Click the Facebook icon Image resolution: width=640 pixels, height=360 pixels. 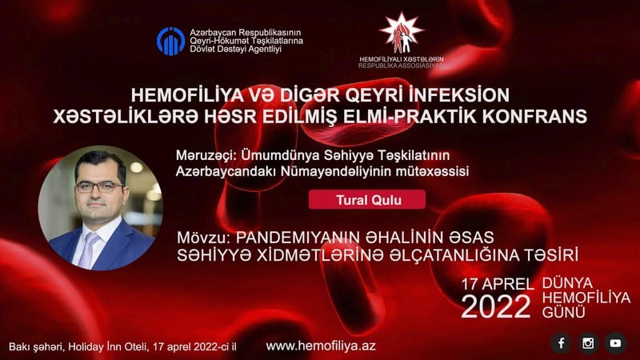[x=562, y=343]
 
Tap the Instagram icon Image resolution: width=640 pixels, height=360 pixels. [x=588, y=343]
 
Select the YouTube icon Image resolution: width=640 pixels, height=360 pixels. [x=615, y=343]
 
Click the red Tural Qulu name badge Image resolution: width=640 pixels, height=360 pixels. [x=367, y=199]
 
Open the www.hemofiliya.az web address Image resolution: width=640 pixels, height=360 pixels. [x=321, y=346]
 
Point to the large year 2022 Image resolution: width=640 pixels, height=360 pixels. [x=496, y=306]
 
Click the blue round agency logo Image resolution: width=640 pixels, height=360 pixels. [x=170, y=42]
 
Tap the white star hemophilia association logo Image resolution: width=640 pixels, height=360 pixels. [x=402, y=33]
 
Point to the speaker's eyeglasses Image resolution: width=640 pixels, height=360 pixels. [x=99, y=187]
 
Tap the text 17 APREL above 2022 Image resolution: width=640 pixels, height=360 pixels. [x=498, y=285]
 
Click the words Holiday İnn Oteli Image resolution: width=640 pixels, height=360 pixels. [x=108, y=347]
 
